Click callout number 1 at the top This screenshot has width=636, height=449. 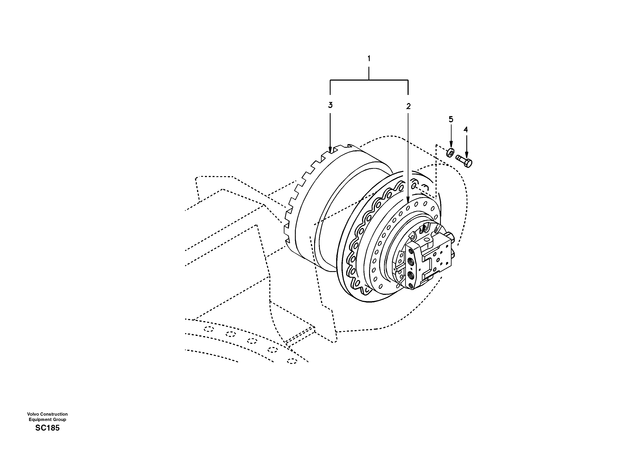coord(369,59)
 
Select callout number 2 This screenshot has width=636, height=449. coord(408,106)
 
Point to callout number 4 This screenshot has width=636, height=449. coord(466,129)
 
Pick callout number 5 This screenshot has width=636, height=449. coord(451,120)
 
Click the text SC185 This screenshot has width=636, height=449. coord(47,428)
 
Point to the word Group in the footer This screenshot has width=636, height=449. coord(60,419)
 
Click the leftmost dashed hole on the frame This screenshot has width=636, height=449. coord(209,329)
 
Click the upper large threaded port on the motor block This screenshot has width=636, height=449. coord(411,261)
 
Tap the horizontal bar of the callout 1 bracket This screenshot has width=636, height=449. coord(369,80)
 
